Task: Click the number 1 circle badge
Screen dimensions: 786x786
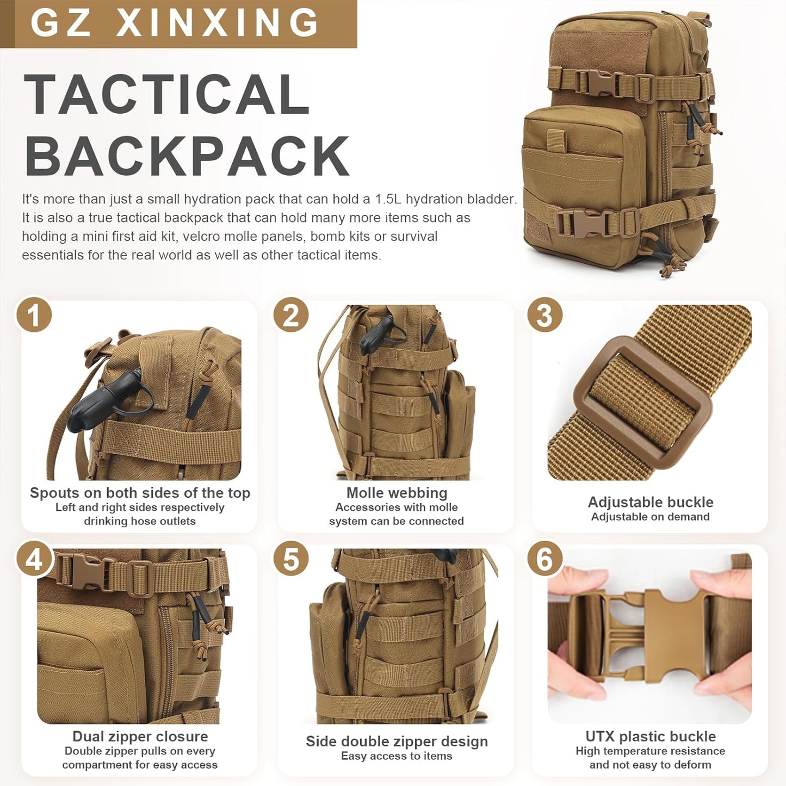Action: click(34, 315)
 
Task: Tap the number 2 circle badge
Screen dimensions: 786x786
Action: click(291, 315)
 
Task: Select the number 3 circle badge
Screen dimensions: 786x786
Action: click(545, 315)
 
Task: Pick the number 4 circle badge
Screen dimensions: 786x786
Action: click(34, 560)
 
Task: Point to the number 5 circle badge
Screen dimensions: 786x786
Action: click(291, 560)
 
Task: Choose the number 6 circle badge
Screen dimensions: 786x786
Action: click(545, 560)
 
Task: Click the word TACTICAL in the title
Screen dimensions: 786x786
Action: click(167, 95)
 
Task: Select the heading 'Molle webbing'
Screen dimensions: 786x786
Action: click(397, 493)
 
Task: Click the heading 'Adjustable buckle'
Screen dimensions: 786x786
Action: click(651, 502)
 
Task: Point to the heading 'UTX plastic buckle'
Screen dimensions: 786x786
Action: click(651, 737)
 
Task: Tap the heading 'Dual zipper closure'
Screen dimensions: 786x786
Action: click(140, 737)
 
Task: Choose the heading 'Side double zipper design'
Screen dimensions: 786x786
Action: click(397, 741)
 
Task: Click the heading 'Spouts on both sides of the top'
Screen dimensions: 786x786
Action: click(140, 493)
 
